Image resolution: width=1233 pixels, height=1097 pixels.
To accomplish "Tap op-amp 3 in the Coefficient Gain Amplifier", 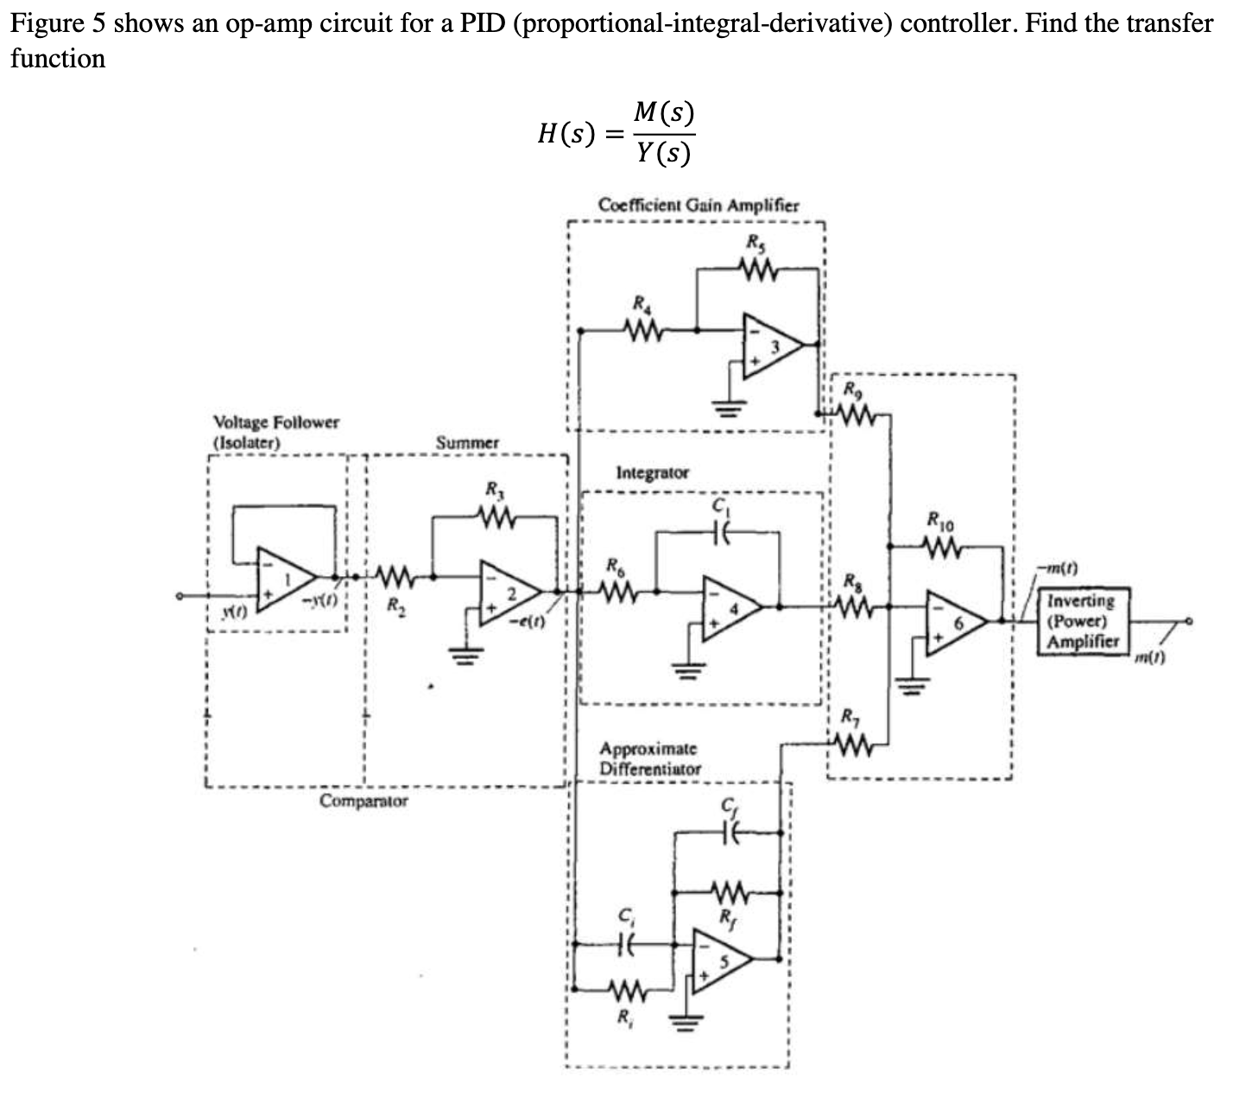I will [772, 345].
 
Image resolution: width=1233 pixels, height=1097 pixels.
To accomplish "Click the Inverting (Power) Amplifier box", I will [1082, 621].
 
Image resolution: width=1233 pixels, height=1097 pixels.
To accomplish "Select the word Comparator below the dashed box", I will [364, 801].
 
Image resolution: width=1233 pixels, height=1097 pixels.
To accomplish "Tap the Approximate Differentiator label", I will [649, 758].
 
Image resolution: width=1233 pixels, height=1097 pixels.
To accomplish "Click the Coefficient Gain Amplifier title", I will [698, 206].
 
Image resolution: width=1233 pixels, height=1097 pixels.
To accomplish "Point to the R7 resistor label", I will [850, 716].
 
